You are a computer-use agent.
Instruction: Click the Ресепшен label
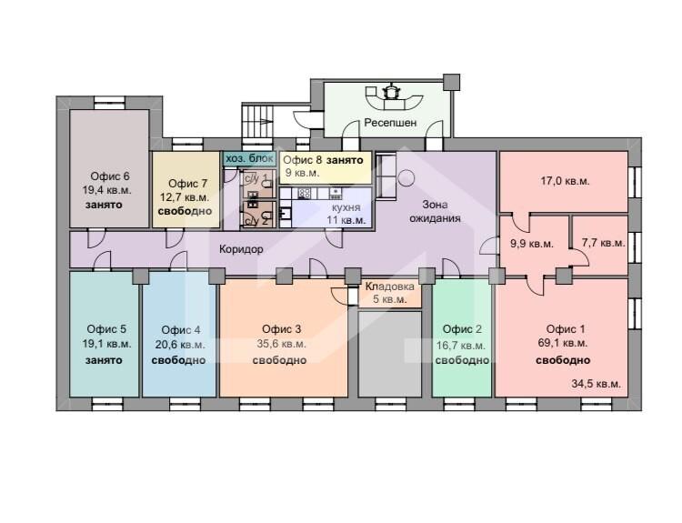[x=390, y=123]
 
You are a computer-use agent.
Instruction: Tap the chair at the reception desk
[x=391, y=92]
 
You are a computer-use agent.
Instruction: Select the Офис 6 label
[x=110, y=176]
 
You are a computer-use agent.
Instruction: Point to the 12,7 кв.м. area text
[x=185, y=197]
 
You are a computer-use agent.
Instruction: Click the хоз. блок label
[x=250, y=158]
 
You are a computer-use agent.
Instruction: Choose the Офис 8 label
[x=303, y=160]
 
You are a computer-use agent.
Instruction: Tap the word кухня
[x=346, y=207]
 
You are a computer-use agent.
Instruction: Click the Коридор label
[x=241, y=249]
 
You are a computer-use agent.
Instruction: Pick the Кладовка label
[x=390, y=287]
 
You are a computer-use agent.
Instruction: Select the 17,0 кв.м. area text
[x=565, y=181]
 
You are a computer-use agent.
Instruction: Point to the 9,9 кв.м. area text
[x=532, y=244]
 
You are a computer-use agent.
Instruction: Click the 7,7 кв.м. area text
[x=603, y=243]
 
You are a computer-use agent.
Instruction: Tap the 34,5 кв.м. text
[x=596, y=384]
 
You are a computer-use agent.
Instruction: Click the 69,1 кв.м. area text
[x=563, y=343]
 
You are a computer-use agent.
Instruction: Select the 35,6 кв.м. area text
[x=281, y=344]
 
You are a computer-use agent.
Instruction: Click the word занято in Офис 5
[x=104, y=360]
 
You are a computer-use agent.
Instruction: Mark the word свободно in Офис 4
[x=178, y=360]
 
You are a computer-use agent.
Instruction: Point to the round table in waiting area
[x=406, y=178]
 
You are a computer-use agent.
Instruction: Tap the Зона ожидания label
[x=435, y=211]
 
